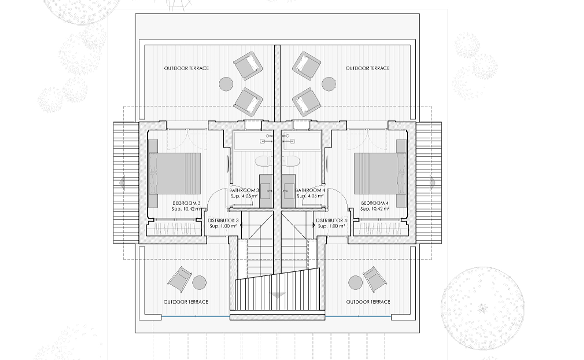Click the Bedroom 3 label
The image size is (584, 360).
click(x=186, y=203)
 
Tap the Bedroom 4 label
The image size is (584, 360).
click(x=375, y=203)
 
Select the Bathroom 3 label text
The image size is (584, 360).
click(x=244, y=190)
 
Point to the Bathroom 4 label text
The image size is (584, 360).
click(x=310, y=190)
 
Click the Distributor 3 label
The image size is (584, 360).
click(x=223, y=221)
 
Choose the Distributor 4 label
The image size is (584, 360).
click(x=331, y=221)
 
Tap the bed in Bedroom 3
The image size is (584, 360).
click(x=175, y=173)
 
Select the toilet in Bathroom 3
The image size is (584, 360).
click(x=264, y=161)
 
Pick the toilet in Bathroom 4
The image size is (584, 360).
click(x=291, y=161)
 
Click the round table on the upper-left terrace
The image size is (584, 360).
click(x=226, y=84)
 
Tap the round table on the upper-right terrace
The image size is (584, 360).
click(x=329, y=84)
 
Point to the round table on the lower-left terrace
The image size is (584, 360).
click(x=199, y=283)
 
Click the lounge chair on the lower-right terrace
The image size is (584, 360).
click(x=375, y=279)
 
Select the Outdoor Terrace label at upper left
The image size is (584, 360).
click(x=186, y=68)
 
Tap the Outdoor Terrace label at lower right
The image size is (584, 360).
click(x=368, y=302)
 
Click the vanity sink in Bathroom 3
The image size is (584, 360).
click(x=266, y=191)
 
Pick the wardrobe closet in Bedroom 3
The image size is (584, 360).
click(x=174, y=228)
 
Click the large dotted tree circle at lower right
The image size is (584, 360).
click(x=483, y=309)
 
